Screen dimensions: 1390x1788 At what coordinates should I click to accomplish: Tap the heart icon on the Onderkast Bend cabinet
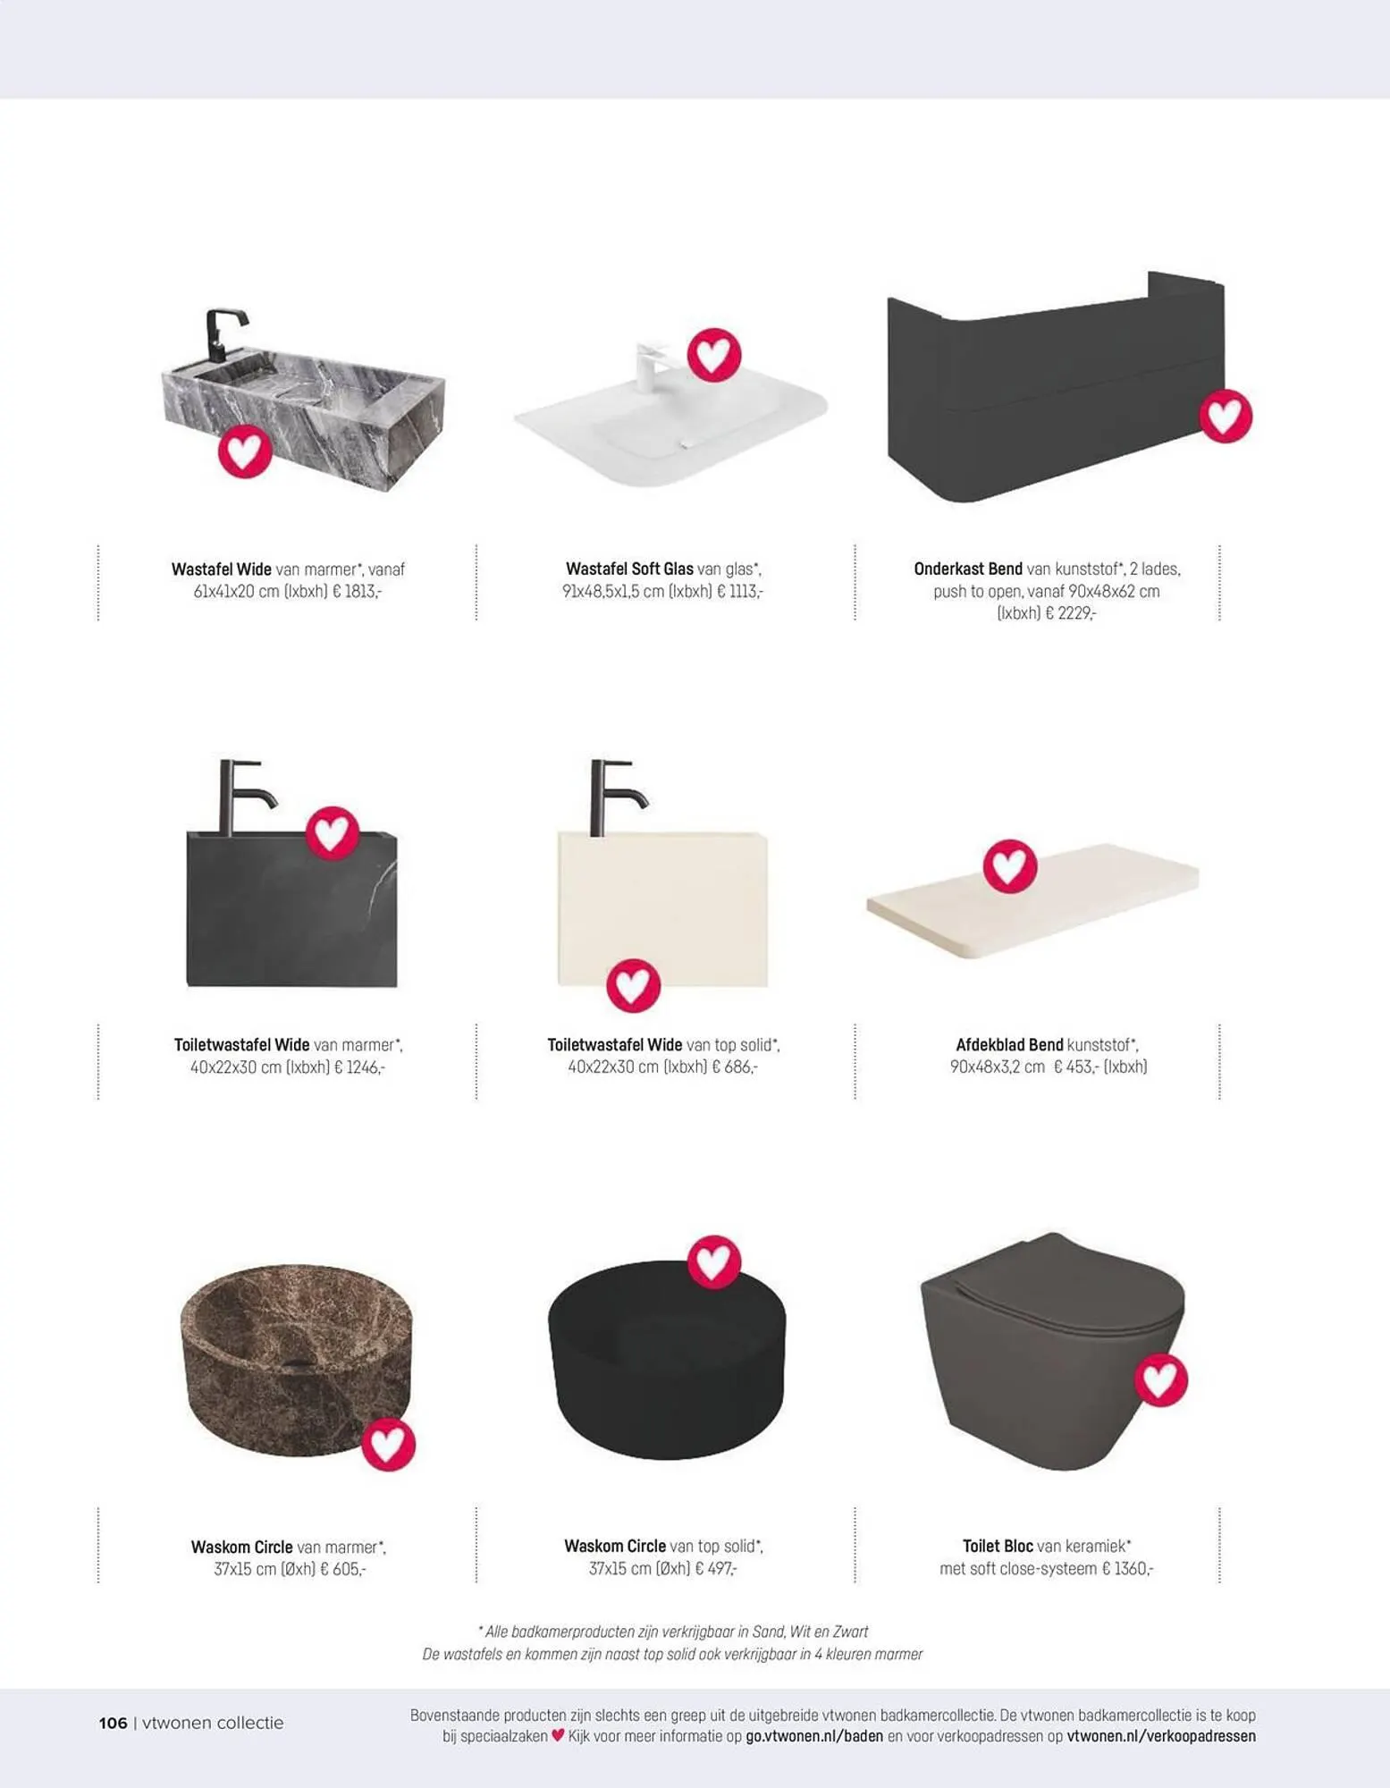click(x=1225, y=416)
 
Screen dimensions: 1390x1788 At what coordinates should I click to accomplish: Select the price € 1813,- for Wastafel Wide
click(x=357, y=592)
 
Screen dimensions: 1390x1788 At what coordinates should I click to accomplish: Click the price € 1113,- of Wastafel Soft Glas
click(x=740, y=592)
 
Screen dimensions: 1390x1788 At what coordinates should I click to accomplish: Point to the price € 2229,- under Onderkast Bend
click(x=1069, y=613)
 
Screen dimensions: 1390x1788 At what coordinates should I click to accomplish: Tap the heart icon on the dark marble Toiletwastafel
click(x=333, y=833)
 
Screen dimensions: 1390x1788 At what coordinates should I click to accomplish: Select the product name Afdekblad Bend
click(x=1009, y=1045)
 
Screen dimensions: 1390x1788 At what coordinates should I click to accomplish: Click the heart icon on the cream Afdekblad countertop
click(x=1010, y=866)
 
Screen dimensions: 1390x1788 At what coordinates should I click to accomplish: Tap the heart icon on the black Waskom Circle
click(x=713, y=1262)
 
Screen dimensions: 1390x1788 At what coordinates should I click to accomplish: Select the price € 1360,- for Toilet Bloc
click(x=1127, y=1569)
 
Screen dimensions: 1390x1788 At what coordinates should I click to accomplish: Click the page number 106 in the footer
click(x=113, y=1723)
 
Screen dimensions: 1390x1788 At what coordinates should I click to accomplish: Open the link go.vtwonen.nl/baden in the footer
click(x=814, y=1736)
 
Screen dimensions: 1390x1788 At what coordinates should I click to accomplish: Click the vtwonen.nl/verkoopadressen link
click(x=1161, y=1736)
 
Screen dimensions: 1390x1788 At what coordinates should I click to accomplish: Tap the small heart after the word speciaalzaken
click(x=558, y=1735)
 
